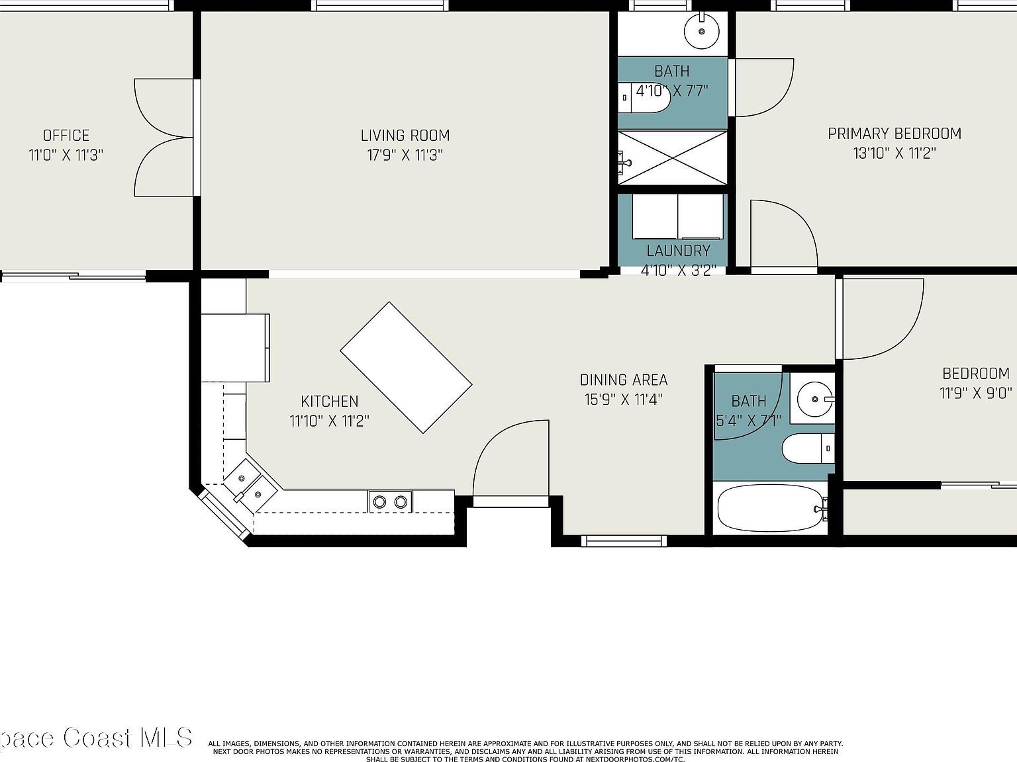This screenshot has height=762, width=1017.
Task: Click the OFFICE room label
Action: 66,136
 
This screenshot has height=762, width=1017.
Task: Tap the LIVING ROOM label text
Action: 405,136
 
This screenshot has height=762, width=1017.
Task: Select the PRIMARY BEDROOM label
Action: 894,134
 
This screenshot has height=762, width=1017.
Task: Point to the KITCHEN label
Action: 329,402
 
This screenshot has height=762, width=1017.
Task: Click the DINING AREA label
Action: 623,380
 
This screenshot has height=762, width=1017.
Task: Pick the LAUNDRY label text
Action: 678,251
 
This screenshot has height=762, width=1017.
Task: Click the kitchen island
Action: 406,368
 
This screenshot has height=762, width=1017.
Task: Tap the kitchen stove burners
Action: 390,502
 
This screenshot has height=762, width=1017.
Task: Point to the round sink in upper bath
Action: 701,30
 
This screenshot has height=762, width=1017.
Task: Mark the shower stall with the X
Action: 673,157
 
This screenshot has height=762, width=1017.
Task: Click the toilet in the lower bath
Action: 808,449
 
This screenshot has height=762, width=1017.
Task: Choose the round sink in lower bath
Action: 814,399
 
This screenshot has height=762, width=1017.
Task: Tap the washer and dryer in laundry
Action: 677,216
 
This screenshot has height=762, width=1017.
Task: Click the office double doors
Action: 162,138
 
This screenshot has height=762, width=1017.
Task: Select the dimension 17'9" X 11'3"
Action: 405,155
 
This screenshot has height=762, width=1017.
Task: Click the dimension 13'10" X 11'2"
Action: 894,153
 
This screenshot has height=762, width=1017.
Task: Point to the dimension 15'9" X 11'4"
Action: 623,400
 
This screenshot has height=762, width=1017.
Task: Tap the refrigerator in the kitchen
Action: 235,347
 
